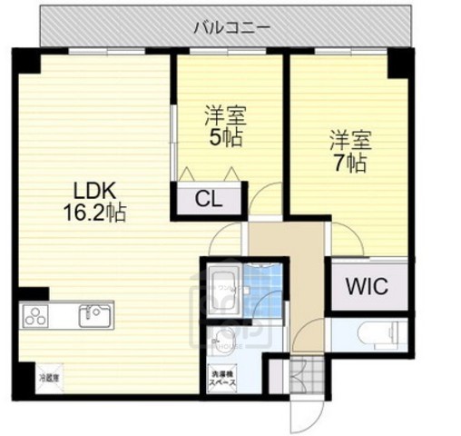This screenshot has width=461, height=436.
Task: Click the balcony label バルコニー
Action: (x=230, y=27)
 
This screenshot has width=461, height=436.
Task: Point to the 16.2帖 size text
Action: (x=93, y=214)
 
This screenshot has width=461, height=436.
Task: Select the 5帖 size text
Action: (x=227, y=138)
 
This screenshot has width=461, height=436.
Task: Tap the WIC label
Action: (x=367, y=288)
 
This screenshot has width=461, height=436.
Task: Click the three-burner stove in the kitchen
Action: (x=36, y=317)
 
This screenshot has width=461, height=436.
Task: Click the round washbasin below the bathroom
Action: (x=218, y=342)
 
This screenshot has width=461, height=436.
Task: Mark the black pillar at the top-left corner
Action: (x=27, y=60)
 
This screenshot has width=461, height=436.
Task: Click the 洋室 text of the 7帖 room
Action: (x=350, y=142)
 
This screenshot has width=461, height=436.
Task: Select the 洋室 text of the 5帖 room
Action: (x=227, y=116)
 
